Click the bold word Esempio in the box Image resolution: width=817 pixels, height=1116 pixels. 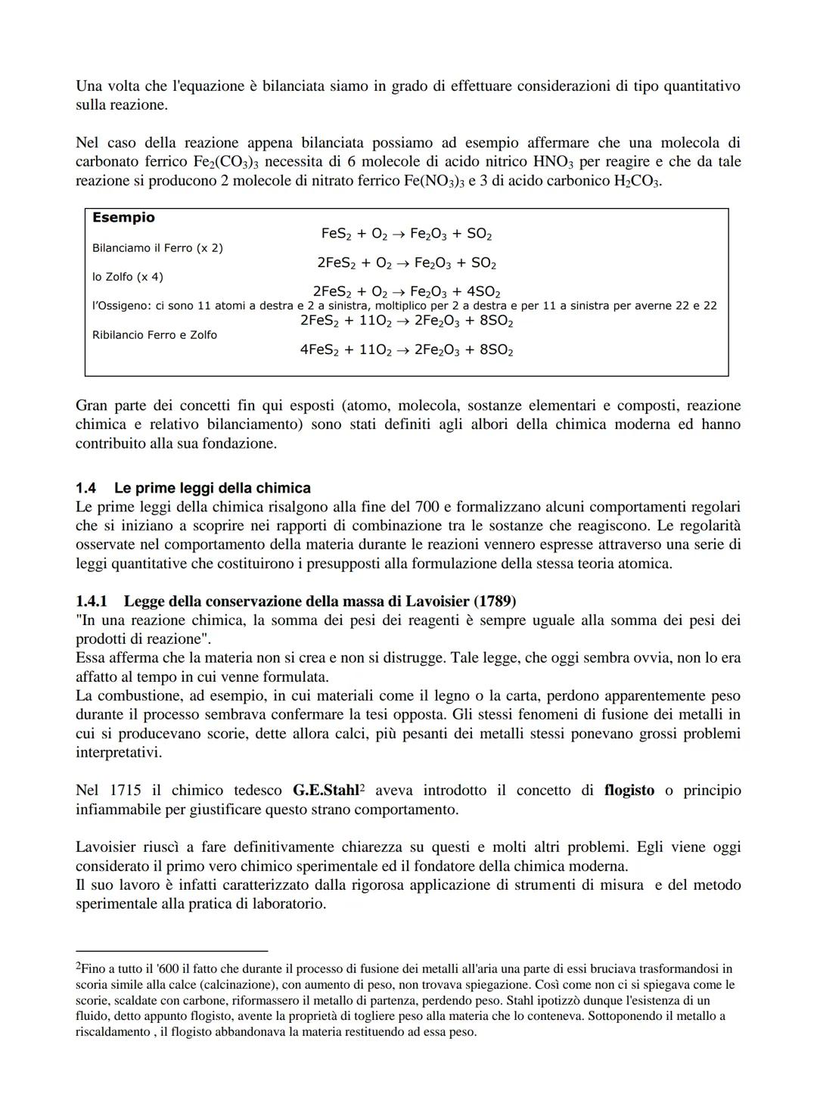[x=123, y=218]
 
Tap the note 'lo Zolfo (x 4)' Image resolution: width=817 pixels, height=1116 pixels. [x=127, y=277]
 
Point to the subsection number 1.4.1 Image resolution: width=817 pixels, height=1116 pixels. [x=91, y=602]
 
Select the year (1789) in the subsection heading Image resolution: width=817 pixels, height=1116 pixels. [x=495, y=602]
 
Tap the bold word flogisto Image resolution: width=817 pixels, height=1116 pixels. [x=629, y=791]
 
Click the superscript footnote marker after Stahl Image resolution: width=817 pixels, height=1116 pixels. [x=362, y=788]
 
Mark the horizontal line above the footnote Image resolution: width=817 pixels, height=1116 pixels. [x=172, y=950]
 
